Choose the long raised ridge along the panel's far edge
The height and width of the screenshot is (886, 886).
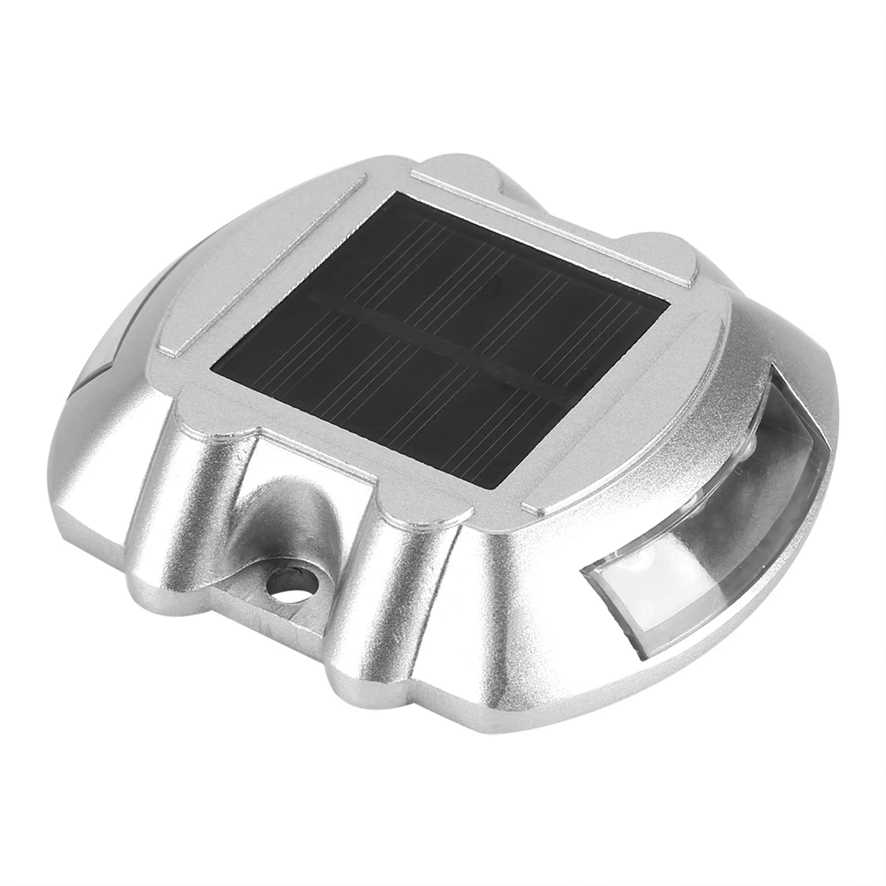549,226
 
